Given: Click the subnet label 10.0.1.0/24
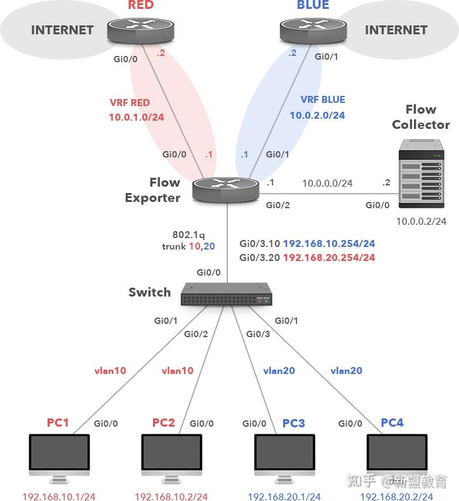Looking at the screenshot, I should click(x=136, y=117).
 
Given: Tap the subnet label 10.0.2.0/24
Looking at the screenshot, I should click(x=317, y=115).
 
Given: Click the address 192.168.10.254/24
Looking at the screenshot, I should click(x=329, y=244).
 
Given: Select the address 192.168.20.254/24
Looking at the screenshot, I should click(x=329, y=257).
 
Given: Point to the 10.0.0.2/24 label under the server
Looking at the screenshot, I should click(x=421, y=221).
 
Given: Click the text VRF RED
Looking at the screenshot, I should click(x=130, y=103).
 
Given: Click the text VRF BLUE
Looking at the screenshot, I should click(x=323, y=100).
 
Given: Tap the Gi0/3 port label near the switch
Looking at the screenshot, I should click(x=258, y=334).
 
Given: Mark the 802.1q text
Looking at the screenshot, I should click(x=189, y=234).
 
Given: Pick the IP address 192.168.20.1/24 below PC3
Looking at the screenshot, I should click(x=284, y=497).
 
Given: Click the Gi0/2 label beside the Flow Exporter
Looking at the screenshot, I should click(x=277, y=205).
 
